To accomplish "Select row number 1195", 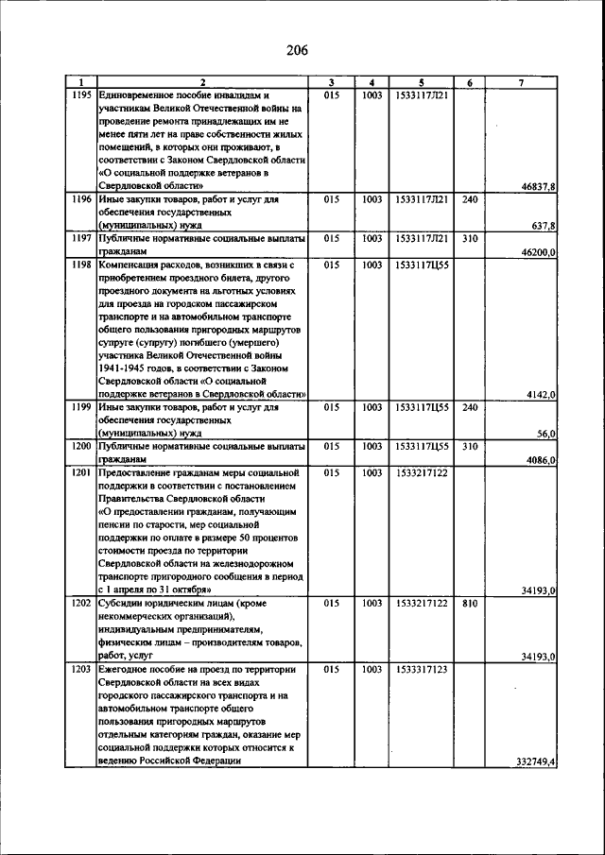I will tap(81, 95).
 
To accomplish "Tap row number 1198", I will tap(81, 266).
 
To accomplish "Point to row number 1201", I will tap(81, 471).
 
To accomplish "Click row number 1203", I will tap(81, 669).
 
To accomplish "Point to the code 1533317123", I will tap(422, 669).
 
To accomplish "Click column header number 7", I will tap(523, 83).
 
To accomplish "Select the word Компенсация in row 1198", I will tap(131, 266).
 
